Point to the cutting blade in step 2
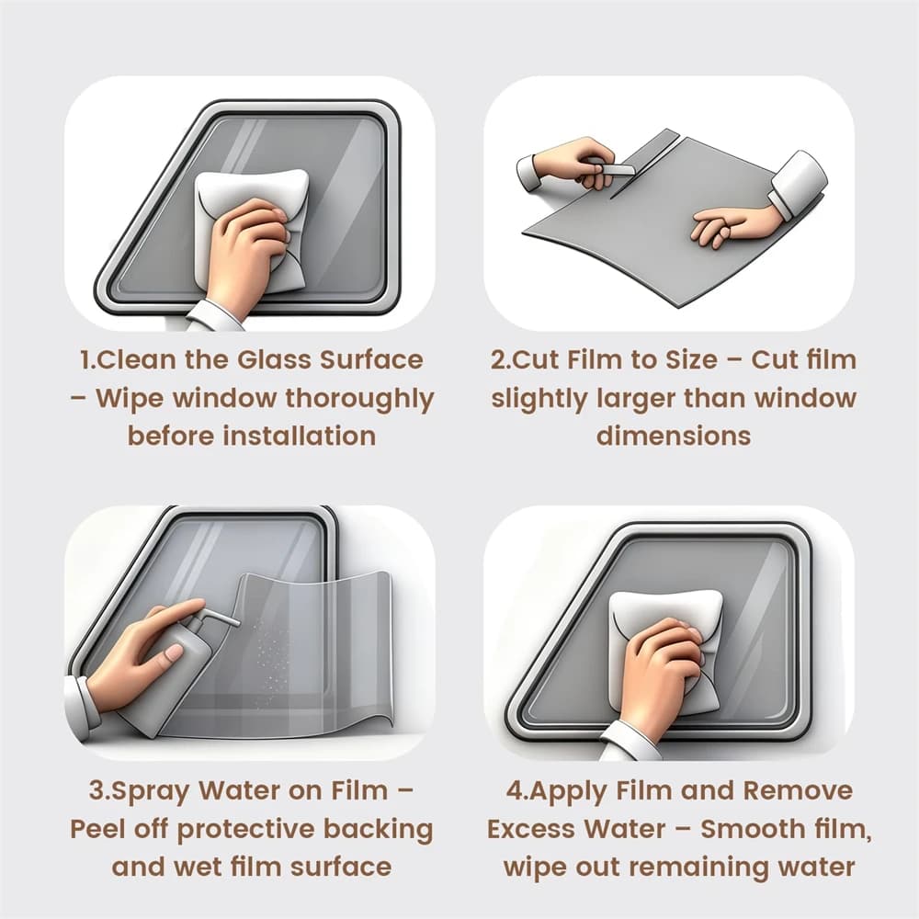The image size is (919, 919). (619, 169)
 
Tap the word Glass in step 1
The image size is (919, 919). (274, 360)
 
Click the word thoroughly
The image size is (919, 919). (359, 400)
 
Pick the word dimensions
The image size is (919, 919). (674, 436)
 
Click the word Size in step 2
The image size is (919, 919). (692, 360)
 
